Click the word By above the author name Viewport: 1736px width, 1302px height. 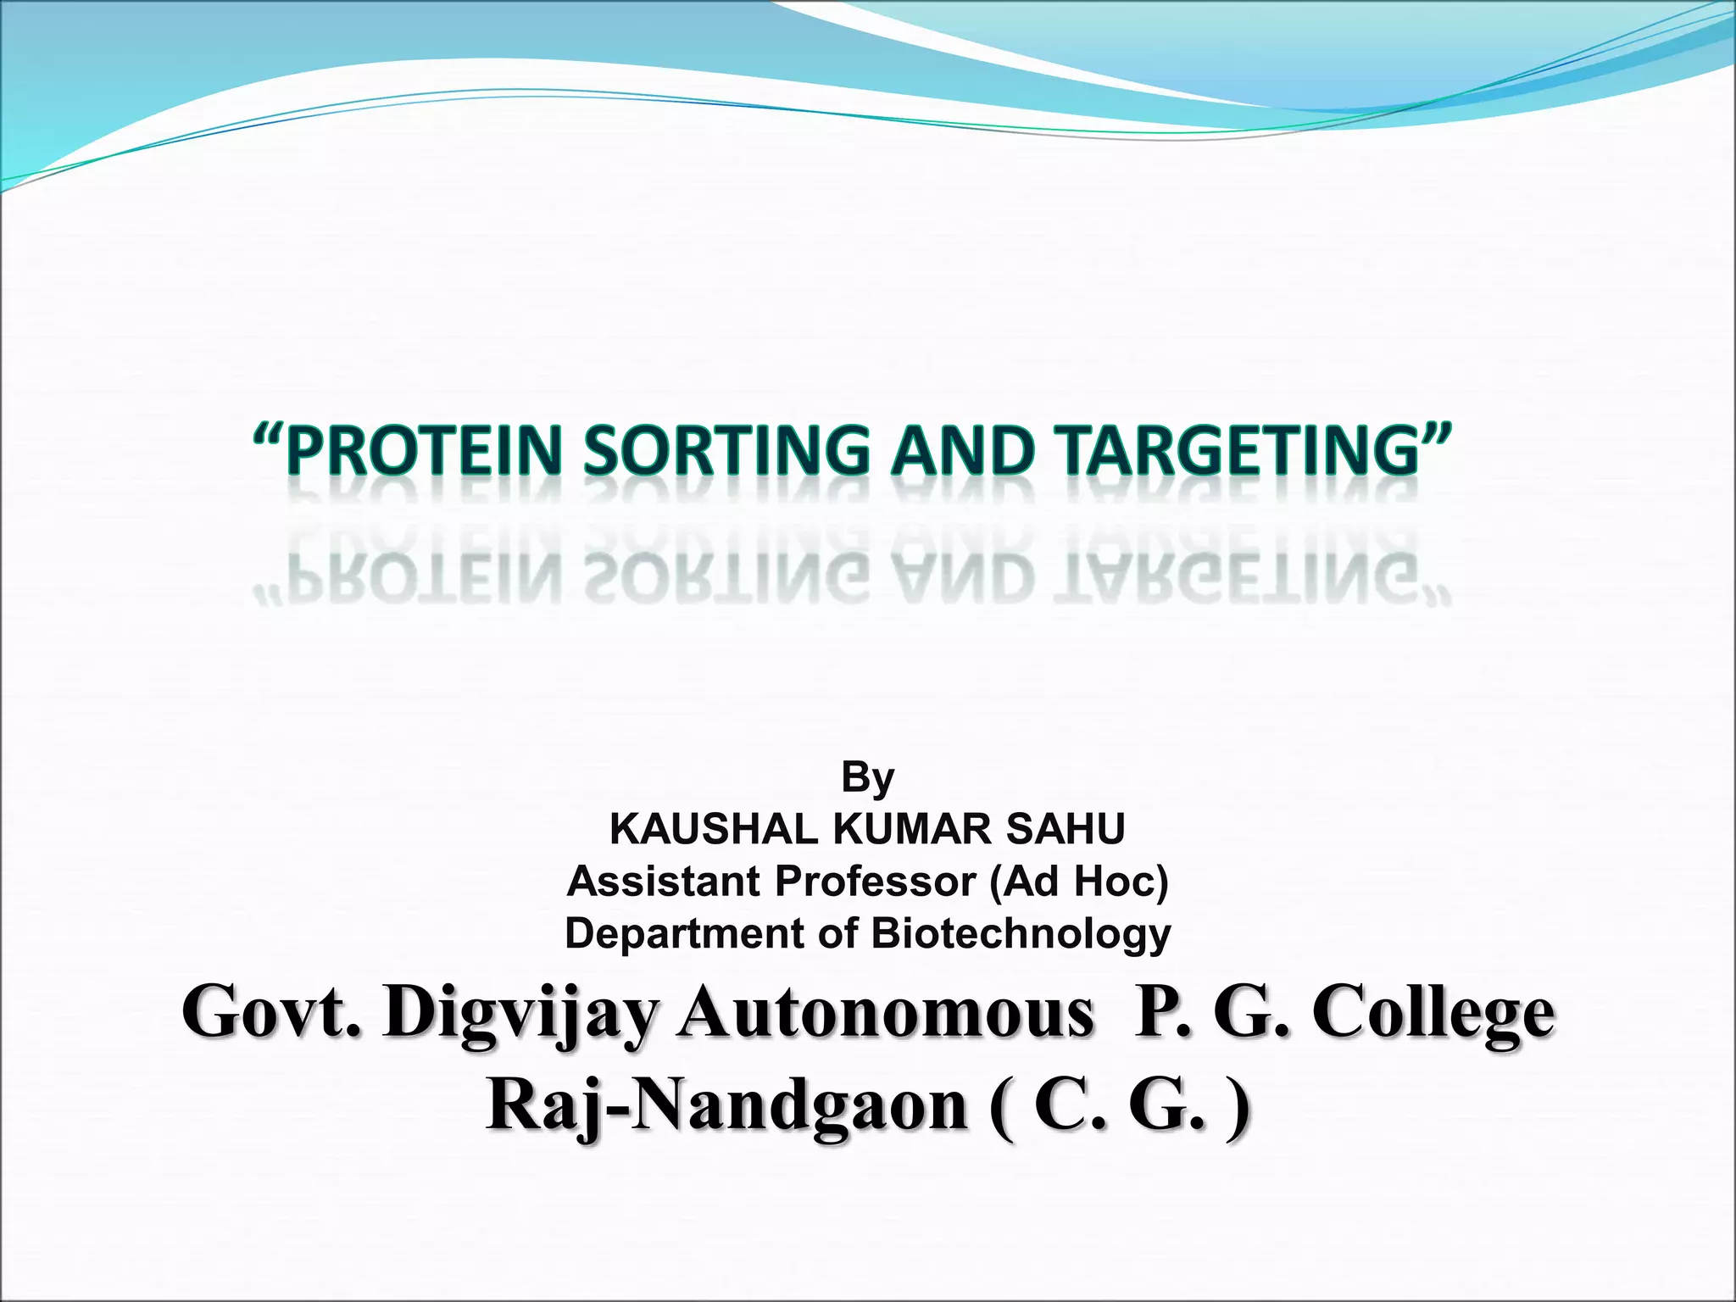pyautogui.click(x=867, y=777)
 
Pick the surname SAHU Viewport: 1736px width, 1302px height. pyautogui.click(x=1066, y=829)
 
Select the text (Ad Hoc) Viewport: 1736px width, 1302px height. pyautogui.click(x=1078, y=882)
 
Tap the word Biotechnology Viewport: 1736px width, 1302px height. pyautogui.click(x=1021, y=934)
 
